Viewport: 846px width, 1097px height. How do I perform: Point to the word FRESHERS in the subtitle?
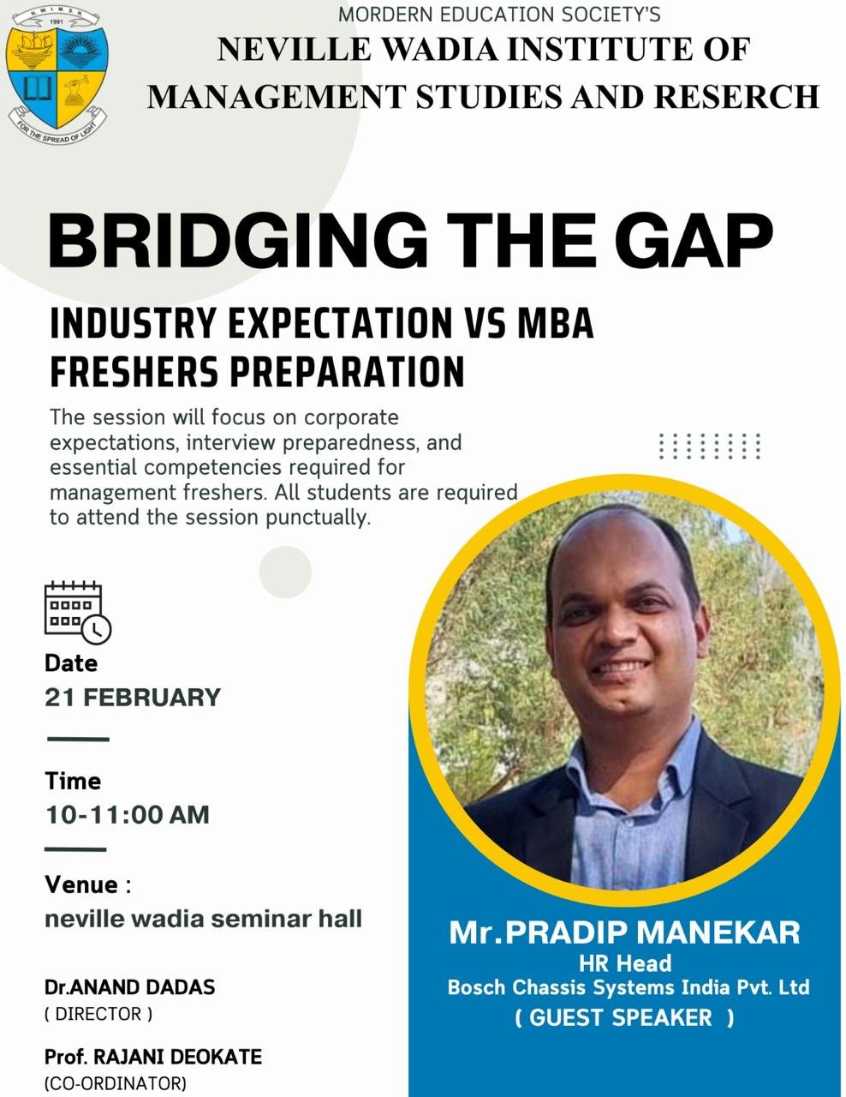[134, 372]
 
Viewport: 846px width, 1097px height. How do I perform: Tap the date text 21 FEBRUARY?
[133, 697]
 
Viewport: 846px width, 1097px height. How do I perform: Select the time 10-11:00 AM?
[127, 815]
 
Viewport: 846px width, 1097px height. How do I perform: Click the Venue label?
[81, 884]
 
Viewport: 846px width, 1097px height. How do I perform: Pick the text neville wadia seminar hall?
[203, 918]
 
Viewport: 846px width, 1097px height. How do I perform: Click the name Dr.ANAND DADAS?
[129, 987]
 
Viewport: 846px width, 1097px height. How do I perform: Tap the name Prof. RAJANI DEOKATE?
[153, 1057]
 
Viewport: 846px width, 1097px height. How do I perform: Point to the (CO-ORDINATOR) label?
[116, 1083]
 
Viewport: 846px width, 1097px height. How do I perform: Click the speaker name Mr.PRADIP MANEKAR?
[624, 932]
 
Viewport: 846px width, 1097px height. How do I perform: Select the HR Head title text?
[625, 962]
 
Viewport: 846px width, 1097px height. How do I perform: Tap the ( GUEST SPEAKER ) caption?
[624, 1017]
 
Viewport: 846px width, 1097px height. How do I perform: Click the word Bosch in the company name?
[476, 987]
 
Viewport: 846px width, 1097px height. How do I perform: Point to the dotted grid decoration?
[709, 447]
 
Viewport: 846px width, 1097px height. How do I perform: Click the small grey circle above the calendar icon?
[285, 572]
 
